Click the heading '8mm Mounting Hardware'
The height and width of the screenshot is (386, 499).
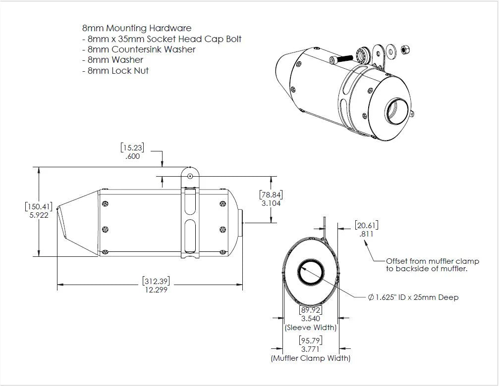click(137, 28)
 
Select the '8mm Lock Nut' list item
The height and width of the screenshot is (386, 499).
click(118, 71)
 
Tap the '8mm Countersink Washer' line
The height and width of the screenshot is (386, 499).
click(141, 49)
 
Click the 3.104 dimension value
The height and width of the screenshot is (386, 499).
click(271, 203)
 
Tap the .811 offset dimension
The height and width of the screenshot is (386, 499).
click(366, 234)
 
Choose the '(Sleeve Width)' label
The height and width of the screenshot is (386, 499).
click(311, 328)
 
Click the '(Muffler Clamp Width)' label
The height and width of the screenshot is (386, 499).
click(311, 358)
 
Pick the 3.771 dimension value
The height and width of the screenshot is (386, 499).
click(311, 349)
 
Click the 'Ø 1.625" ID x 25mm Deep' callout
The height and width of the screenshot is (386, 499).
click(413, 297)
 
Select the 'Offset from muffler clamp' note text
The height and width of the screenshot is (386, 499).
click(427, 261)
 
